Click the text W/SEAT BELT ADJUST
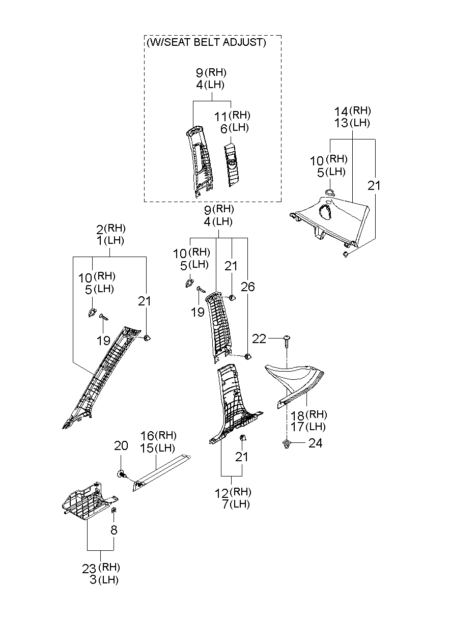click(x=206, y=42)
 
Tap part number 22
click(x=259, y=339)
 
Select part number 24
click(x=315, y=443)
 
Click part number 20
click(x=121, y=445)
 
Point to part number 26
click(x=247, y=287)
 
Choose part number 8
click(x=114, y=529)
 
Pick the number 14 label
click(x=341, y=112)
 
